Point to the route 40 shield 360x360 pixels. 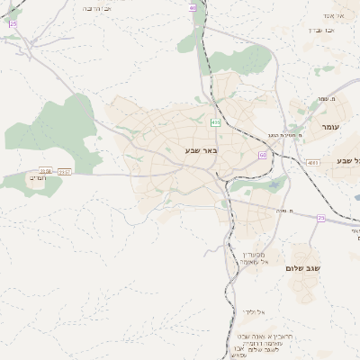point(193,7)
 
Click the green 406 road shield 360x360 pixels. point(215,121)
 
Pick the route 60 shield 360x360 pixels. point(263,156)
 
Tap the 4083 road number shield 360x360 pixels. point(312,162)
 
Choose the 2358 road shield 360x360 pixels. point(46,170)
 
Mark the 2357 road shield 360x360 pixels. point(64,170)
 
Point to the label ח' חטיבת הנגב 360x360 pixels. point(285,135)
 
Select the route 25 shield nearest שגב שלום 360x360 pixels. point(321,218)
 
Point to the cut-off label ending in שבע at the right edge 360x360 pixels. point(347,160)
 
